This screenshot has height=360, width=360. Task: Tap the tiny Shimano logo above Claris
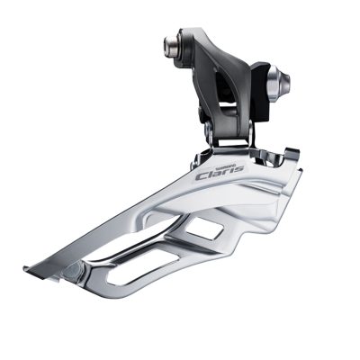click(216, 163)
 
